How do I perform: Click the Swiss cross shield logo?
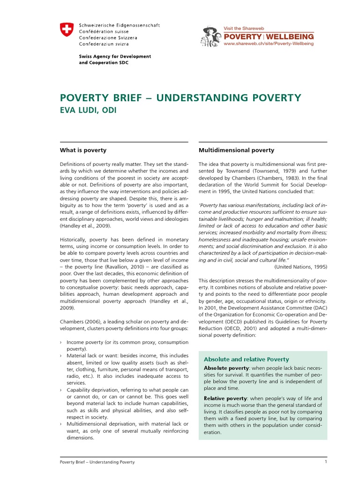[67, 30]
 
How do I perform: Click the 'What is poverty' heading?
[83, 150]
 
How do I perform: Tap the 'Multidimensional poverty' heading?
[236, 150]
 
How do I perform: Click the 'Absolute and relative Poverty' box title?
[246, 359]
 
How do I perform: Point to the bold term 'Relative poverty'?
[222, 398]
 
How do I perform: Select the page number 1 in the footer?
[325, 462]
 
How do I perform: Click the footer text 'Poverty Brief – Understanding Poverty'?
[97, 462]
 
